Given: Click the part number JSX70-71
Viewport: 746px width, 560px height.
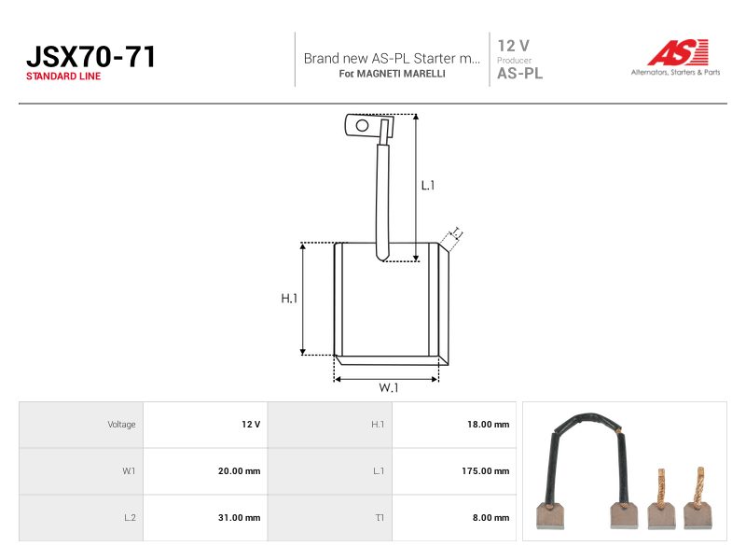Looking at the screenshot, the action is click(x=90, y=57).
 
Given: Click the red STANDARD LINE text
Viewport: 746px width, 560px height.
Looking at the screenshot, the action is click(x=63, y=77).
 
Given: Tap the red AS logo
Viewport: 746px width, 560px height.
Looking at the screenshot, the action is click(x=678, y=52).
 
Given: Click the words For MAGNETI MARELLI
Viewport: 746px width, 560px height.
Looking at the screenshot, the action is click(x=392, y=74).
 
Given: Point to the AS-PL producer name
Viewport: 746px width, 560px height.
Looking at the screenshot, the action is click(x=519, y=74).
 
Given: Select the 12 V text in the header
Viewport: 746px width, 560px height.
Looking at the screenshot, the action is click(x=514, y=46).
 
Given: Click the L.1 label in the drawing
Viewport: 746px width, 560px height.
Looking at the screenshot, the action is click(x=428, y=185).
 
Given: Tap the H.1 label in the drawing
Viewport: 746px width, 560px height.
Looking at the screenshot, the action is click(x=289, y=299).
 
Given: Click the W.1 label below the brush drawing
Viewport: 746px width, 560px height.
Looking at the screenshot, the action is click(x=388, y=387).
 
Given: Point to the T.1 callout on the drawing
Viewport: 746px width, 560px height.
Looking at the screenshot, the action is click(x=457, y=232).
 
